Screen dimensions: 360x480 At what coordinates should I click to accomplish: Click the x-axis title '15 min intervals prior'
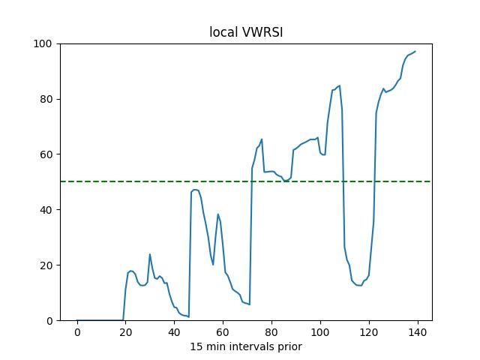tap(245, 346)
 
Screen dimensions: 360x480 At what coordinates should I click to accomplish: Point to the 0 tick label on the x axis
tap(77, 332)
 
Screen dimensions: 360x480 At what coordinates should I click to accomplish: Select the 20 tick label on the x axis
tap(125, 332)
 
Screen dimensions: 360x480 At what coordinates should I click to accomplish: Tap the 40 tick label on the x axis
tap(174, 332)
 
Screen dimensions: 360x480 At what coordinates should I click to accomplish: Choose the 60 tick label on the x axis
tap(223, 332)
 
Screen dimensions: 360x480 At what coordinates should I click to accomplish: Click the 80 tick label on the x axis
tap(271, 332)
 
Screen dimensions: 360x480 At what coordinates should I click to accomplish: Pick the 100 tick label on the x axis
tap(320, 332)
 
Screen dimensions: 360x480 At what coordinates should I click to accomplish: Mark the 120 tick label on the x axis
tap(369, 332)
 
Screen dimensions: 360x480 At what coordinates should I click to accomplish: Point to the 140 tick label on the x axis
tap(418, 332)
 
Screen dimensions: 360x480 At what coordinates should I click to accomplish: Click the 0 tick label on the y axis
tap(49, 321)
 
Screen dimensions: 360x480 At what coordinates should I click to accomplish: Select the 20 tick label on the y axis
tap(46, 265)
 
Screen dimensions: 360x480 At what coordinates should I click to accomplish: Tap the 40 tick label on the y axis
tap(46, 210)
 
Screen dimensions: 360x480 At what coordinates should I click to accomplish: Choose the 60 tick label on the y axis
tap(46, 154)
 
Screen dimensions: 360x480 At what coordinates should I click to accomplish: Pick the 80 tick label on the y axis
tap(46, 99)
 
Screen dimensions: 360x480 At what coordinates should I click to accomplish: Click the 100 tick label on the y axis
tap(44, 43)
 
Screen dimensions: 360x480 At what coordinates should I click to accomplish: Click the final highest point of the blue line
tap(415, 52)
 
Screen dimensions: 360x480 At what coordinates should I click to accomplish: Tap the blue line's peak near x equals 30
tap(150, 254)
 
